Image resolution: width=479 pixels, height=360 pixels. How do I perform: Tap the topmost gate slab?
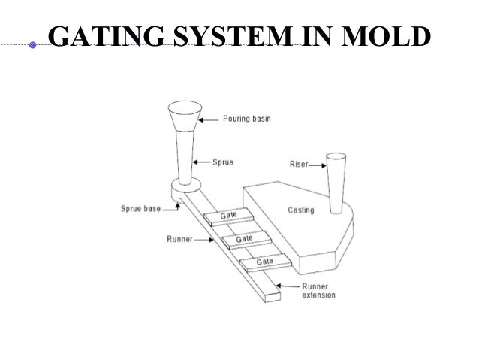pyautogui.click(x=227, y=216)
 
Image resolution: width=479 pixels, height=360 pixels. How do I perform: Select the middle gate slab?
pyautogui.click(x=244, y=238)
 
